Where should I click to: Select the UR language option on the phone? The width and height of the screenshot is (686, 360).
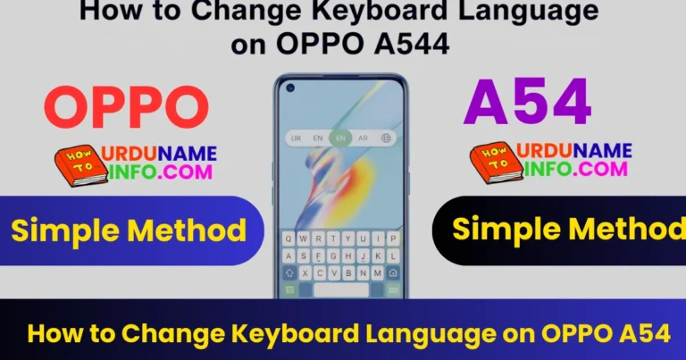point(295,138)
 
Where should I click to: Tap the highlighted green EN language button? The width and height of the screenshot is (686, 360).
point(339,138)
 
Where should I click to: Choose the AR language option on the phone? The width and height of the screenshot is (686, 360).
point(363,138)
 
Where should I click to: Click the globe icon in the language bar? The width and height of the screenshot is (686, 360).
point(386,138)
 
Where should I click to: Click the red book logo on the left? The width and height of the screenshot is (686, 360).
point(79,166)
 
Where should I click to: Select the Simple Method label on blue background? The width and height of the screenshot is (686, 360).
point(129,231)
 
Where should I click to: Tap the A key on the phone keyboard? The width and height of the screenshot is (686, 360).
point(290,255)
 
